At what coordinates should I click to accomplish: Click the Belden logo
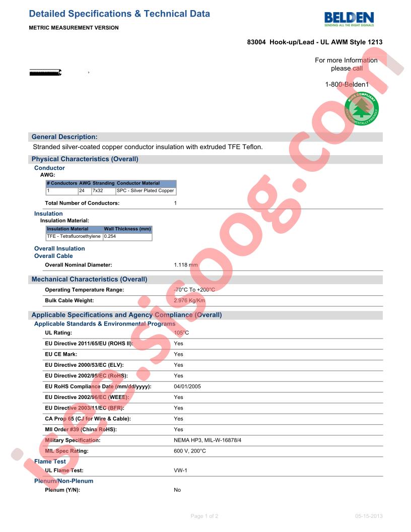(x=349, y=19)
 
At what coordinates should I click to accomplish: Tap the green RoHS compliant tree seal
(x=362, y=109)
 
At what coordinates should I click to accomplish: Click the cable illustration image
(x=45, y=73)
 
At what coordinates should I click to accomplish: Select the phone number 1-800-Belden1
(x=347, y=85)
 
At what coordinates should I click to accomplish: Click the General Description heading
(x=64, y=137)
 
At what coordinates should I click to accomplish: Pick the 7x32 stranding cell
(x=97, y=191)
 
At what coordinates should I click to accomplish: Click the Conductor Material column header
(x=138, y=183)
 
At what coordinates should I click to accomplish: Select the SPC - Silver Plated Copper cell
(x=145, y=191)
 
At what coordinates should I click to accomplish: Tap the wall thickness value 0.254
(x=110, y=236)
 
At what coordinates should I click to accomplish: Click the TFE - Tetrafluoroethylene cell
(x=74, y=236)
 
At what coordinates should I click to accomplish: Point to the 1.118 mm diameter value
(x=186, y=265)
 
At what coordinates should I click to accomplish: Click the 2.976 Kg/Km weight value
(x=189, y=301)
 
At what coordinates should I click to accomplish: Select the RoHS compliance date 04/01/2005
(x=187, y=386)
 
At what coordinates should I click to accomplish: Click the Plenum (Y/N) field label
(x=62, y=490)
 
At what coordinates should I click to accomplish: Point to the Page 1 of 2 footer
(x=204, y=516)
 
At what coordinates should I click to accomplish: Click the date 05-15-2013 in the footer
(x=369, y=516)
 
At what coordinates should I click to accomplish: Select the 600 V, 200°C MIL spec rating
(x=190, y=451)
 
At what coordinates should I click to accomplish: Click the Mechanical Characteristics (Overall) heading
(x=90, y=279)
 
